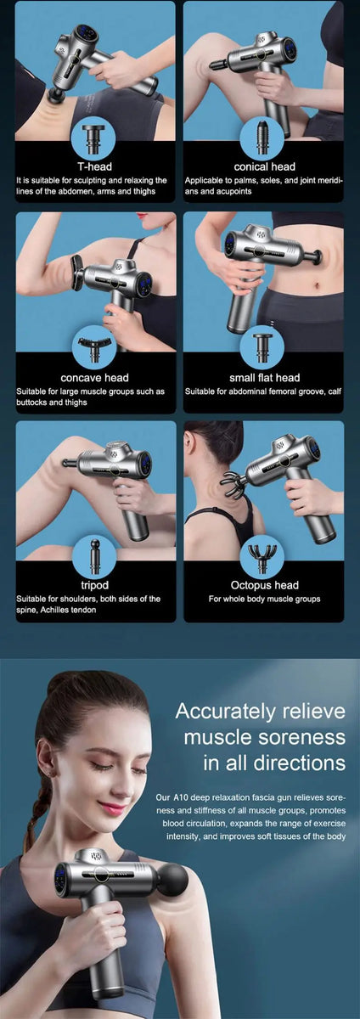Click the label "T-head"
click(95, 166)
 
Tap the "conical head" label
click(264, 166)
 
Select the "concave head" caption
click(95, 377)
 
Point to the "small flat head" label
click(264, 377)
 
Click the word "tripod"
click(95, 585)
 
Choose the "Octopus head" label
click(264, 585)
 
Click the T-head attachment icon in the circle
click(94, 136)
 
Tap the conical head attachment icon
click(263, 136)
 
